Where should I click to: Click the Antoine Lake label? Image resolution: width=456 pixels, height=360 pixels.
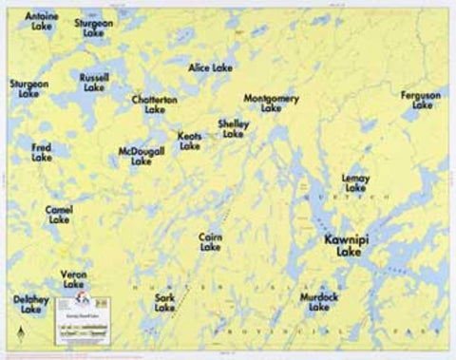point(41,22)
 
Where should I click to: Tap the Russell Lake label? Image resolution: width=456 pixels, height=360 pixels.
point(94,82)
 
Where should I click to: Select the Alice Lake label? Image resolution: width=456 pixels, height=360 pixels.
point(210,68)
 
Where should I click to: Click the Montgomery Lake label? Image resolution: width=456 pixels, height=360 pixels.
point(272,104)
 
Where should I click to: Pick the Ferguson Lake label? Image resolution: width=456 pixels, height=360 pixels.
point(421,101)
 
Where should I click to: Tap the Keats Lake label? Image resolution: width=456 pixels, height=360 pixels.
point(190,142)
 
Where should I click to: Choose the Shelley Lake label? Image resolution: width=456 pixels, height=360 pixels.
point(234,129)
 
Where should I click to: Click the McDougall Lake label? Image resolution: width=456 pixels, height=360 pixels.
point(142,157)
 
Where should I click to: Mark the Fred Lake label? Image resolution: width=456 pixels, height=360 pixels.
point(42,153)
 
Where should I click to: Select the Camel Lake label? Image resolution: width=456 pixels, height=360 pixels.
point(59,214)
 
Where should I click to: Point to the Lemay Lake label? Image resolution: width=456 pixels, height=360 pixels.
point(356,182)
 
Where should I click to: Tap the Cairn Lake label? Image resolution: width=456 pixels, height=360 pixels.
point(211,241)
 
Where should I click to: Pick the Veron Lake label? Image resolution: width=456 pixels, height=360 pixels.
point(73,279)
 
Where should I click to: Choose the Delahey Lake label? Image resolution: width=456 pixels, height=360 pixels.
point(31,304)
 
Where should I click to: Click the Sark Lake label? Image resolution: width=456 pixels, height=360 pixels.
point(164,303)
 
